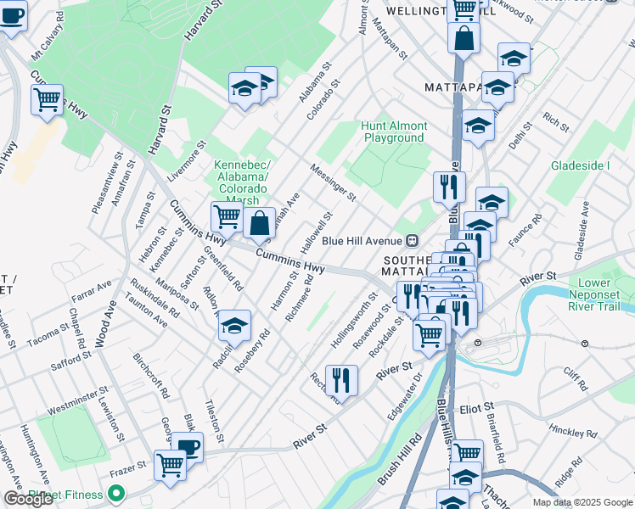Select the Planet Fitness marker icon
tap(115, 494)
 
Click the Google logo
tap(28, 500)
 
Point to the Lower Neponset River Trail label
tap(600, 290)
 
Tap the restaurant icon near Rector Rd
tap(341, 379)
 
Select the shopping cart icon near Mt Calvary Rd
tap(48, 99)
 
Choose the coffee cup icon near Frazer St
tap(188, 447)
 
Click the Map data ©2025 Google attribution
tap(582, 502)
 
